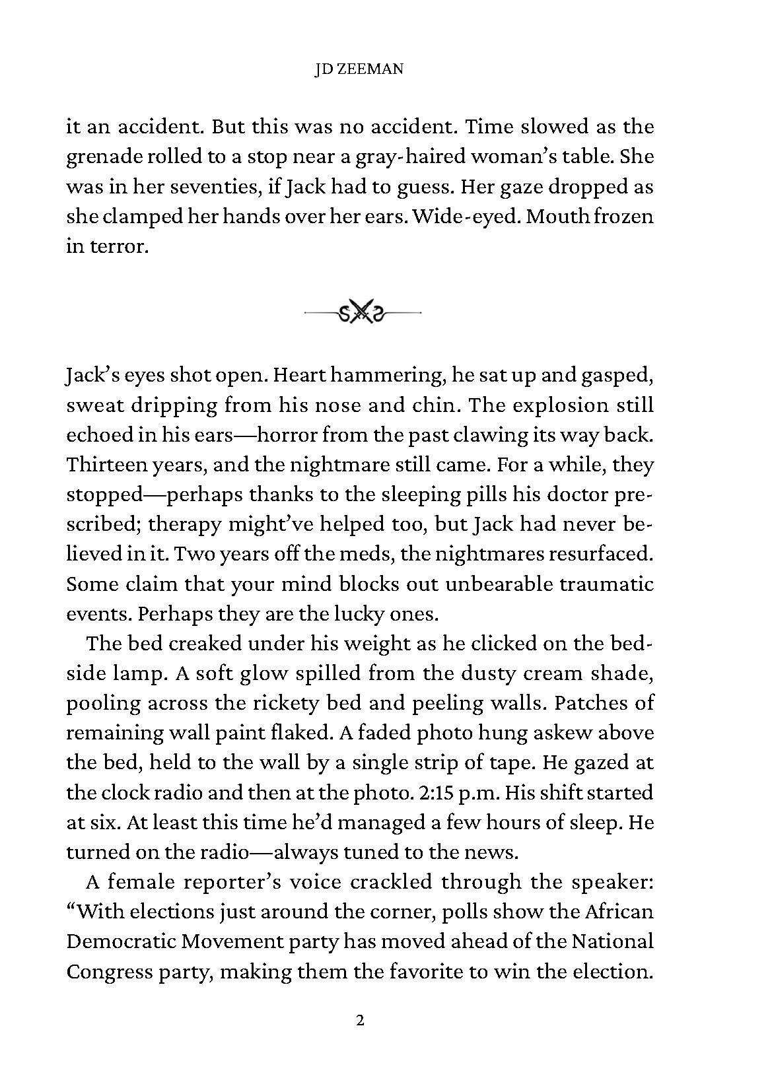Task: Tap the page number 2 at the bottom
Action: (x=360, y=1021)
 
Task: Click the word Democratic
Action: (x=121, y=941)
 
